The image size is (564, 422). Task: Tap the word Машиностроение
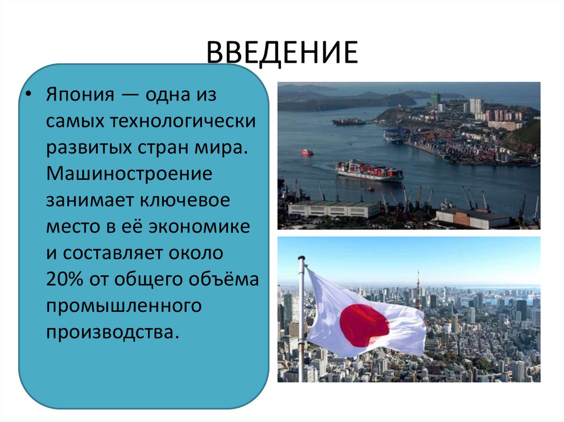pyautogui.click(x=129, y=174)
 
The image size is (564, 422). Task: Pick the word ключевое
pyautogui.click(x=188, y=200)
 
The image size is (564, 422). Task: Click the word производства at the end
pyautogui.click(x=113, y=332)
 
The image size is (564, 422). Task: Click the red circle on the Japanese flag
pyautogui.click(x=364, y=325)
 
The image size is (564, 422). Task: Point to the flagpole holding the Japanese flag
pyautogui.click(x=301, y=319)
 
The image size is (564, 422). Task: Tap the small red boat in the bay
pyautogui.click(x=307, y=152)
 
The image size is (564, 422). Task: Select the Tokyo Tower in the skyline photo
pyautogui.click(x=418, y=289)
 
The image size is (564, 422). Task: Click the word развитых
pyautogui.click(x=89, y=147)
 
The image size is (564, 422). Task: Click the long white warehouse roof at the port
pyautogui.click(x=334, y=208)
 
